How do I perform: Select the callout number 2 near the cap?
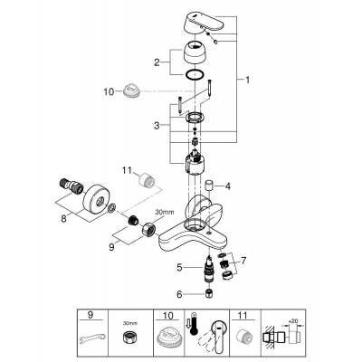click(157, 62)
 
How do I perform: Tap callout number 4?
click(229, 187)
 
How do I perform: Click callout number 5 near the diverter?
click(179, 267)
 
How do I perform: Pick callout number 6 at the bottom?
click(179, 294)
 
